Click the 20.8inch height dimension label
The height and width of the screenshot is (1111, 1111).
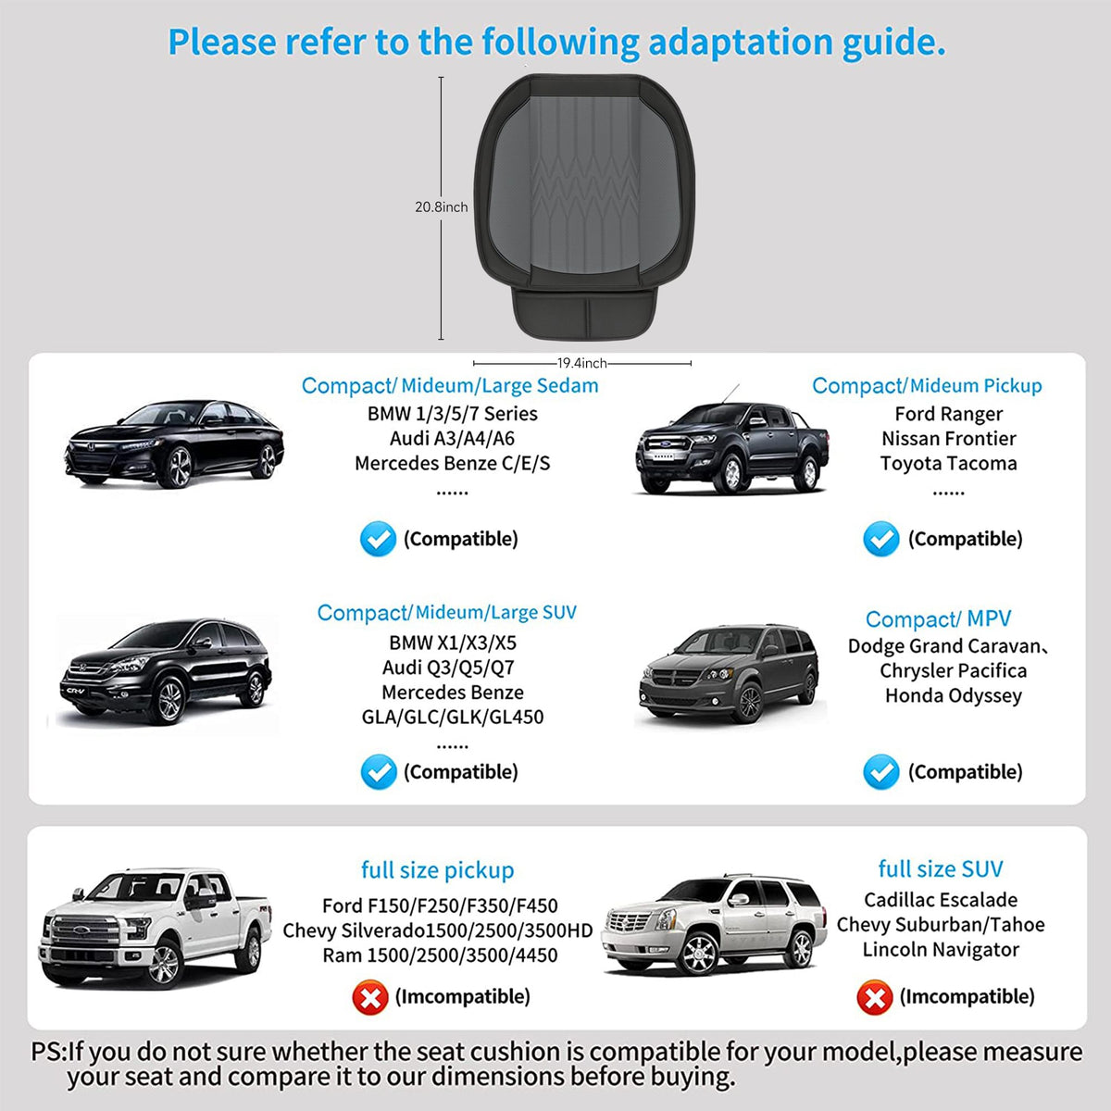pyautogui.click(x=441, y=207)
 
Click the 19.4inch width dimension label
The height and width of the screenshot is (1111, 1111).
pyautogui.click(x=581, y=363)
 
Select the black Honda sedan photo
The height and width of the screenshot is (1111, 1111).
pyautogui.click(x=174, y=443)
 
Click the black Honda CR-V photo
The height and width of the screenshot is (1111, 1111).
pyautogui.click(x=166, y=671)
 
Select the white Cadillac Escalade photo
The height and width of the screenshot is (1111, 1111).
pyautogui.click(x=714, y=925)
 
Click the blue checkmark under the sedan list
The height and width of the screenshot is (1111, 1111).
pyautogui.click(x=379, y=539)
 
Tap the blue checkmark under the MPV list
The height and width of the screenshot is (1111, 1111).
pyautogui.click(x=881, y=772)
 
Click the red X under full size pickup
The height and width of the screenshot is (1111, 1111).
pyautogui.click(x=370, y=997)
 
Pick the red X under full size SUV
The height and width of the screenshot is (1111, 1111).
pyautogui.click(x=875, y=997)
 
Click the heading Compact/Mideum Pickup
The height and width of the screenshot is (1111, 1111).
pyautogui.click(x=927, y=386)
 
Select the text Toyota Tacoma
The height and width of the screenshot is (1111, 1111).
pyautogui.click(x=948, y=464)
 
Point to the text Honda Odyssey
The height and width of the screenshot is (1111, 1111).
pyautogui.click(x=954, y=696)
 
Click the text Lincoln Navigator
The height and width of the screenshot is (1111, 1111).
pyautogui.click(x=941, y=950)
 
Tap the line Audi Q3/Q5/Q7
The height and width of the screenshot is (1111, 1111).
pyautogui.click(x=448, y=668)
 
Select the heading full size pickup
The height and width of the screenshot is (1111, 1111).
pyautogui.click(x=438, y=870)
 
